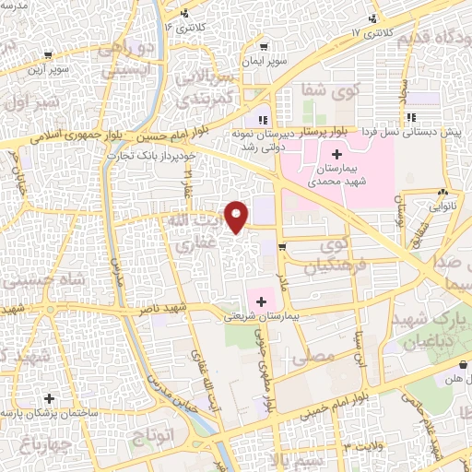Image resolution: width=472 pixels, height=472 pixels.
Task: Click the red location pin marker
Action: tap(238, 216)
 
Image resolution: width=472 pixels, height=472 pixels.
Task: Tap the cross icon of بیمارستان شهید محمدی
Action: tap(336, 152)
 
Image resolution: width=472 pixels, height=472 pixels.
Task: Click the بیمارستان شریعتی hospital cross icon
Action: tap(261, 301)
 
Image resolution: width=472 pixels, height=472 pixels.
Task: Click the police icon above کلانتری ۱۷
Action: tap(372, 18)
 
